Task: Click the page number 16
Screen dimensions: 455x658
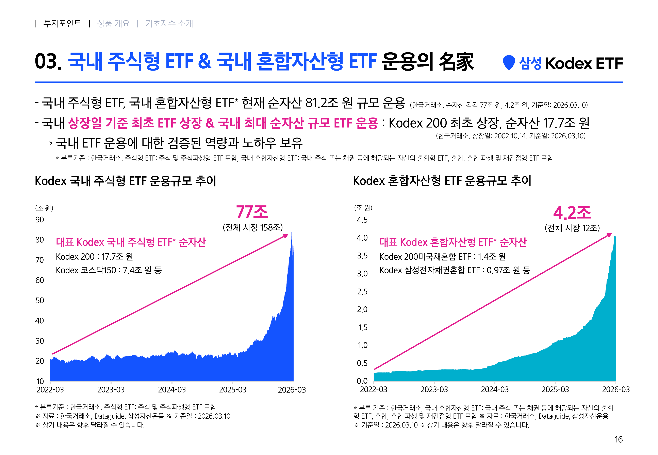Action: click(618, 439)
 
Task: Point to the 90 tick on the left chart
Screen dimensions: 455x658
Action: click(40, 220)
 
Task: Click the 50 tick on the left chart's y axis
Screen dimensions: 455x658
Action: click(40, 301)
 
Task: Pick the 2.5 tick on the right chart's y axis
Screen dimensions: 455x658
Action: click(362, 292)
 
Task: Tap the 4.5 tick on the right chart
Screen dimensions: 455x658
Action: click(362, 220)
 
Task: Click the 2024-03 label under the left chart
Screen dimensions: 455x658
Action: click(172, 390)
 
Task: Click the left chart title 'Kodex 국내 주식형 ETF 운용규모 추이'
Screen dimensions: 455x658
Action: click(126, 181)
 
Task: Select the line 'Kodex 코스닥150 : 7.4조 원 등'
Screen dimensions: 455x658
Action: click(109, 270)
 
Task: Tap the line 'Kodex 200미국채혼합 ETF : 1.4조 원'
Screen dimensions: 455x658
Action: click(442, 257)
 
